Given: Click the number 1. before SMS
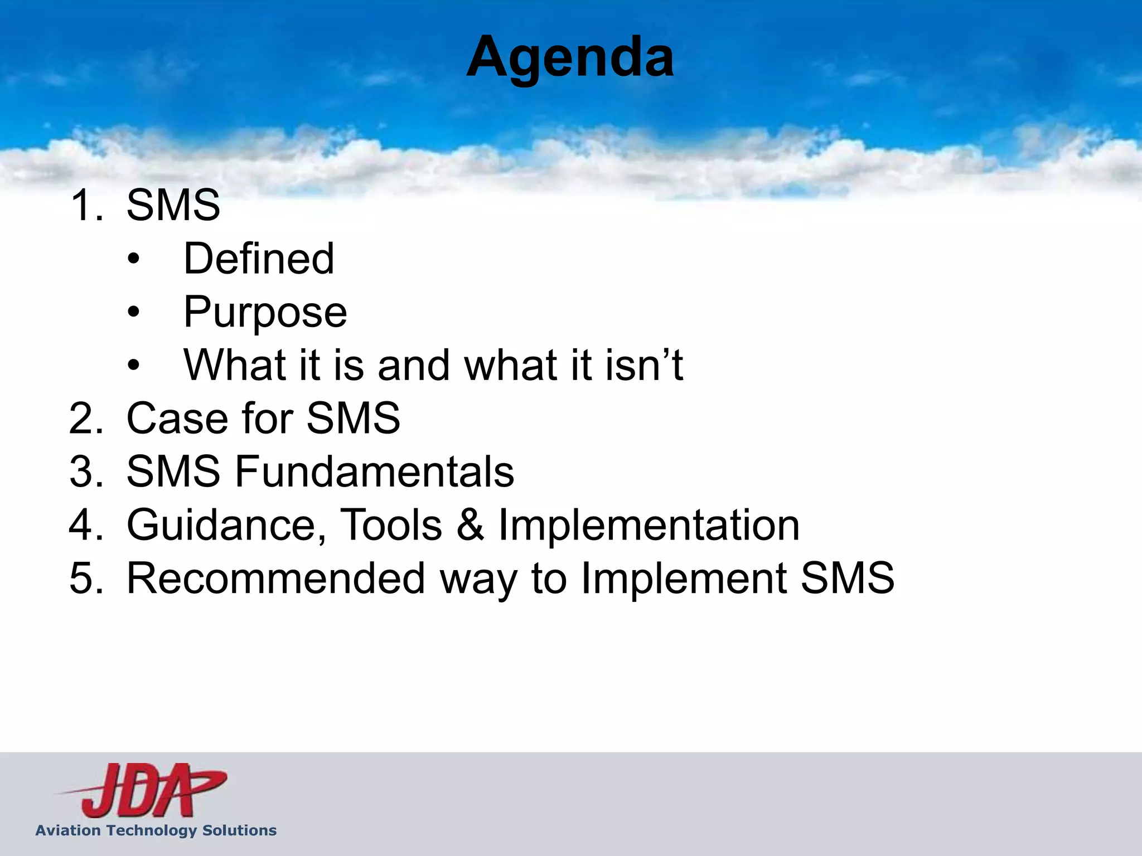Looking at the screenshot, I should click(86, 205).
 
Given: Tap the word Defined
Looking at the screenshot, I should click(259, 259).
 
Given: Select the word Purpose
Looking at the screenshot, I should click(265, 312).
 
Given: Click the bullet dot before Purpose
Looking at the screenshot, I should click(133, 313).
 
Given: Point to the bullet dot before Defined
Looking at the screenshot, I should click(133, 259).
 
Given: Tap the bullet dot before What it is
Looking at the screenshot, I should click(133, 366).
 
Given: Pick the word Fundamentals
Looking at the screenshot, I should click(374, 471).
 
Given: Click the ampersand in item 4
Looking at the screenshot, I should click(470, 525).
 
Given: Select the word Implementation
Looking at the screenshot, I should click(649, 525).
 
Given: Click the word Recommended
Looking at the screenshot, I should click(276, 578).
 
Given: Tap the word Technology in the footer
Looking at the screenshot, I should click(151, 830).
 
